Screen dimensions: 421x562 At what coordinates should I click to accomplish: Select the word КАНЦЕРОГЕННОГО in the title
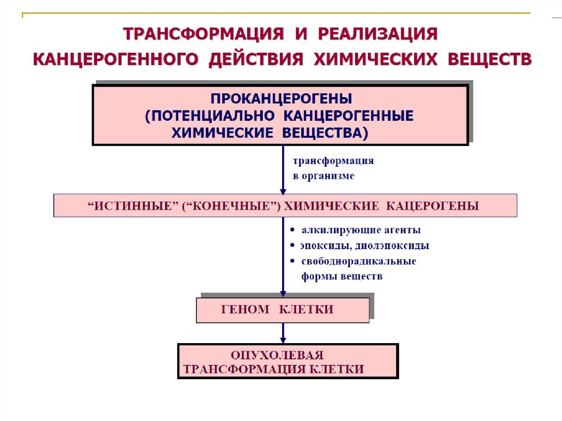point(115,59)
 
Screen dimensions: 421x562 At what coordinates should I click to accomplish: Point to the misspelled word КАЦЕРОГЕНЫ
point(433,206)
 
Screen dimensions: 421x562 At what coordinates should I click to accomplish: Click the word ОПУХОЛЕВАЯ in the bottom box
point(277,355)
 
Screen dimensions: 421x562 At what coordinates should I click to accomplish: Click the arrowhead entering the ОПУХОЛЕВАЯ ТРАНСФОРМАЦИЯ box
point(283,339)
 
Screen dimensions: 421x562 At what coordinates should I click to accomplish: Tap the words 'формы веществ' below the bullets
point(341,277)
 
